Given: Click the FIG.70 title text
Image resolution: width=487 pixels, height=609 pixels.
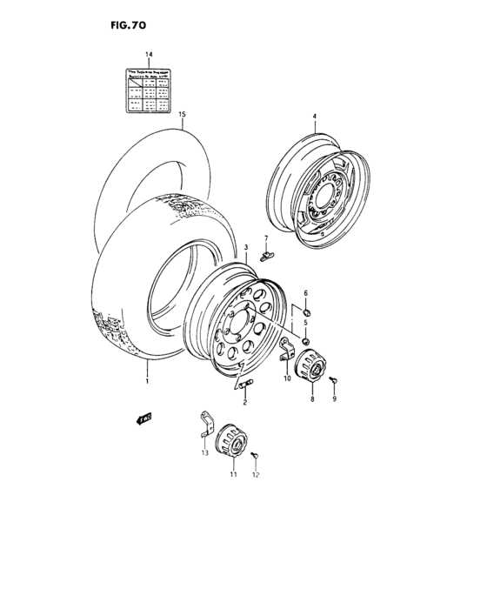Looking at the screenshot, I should pyautogui.click(x=127, y=26).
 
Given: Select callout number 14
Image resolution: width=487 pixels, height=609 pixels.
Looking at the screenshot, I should pyautogui.click(x=149, y=55).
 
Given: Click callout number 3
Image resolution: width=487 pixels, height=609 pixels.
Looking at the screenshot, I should pyautogui.click(x=246, y=248).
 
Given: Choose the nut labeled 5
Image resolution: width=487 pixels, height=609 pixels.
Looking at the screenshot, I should pyautogui.click(x=307, y=338).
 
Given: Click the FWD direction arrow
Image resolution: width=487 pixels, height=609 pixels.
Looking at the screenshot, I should pyautogui.click(x=143, y=419).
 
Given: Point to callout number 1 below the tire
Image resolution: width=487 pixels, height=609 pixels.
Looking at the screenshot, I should pyautogui.click(x=148, y=380).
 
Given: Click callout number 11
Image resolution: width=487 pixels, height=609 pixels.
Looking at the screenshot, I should pyautogui.click(x=232, y=475).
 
